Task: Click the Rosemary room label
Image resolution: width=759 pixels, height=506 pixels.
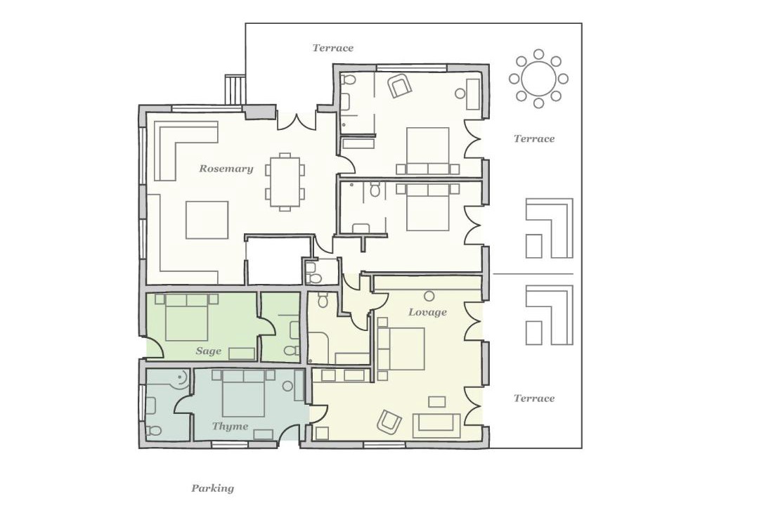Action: pyautogui.click(x=226, y=169)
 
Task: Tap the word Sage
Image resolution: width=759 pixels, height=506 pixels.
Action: pyautogui.click(x=209, y=351)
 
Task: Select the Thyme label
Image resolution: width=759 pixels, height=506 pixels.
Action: pyautogui.click(x=230, y=427)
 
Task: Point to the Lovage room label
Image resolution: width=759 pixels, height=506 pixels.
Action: pyautogui.click(x=427, y=312)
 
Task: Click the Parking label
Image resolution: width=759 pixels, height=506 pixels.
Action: pyautogui.click(x=212, y=488)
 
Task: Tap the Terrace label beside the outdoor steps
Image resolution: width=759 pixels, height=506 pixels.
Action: pyautogui.click(x=332, y=48)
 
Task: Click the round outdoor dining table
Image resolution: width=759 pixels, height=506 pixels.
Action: pyautogui.click(x=538, y=79)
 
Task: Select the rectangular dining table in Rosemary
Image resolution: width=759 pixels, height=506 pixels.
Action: pyautogui.click(x=285, y=181)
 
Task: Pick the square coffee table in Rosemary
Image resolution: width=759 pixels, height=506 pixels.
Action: pyautogui.click(x=207, y=220)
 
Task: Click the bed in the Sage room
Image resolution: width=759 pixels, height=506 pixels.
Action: pyautogui.click(x=186, y=318)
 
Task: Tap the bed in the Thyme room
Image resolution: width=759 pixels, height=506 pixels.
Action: pyautogui.click(x=243, y=393)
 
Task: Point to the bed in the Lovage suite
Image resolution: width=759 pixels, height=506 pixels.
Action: pyautogui.click(x=400, y=349)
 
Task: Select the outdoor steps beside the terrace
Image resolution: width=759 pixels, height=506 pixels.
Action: pyautogui.click(x=235, y=89)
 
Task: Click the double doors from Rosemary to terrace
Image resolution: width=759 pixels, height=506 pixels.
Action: pyautogui.click(x=297, y=121)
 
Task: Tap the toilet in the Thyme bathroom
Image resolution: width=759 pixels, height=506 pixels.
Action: pyautogui.click(x=155, y=431)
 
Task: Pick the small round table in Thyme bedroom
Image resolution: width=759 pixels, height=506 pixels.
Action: pyautogui.click(x=288, y=386)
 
